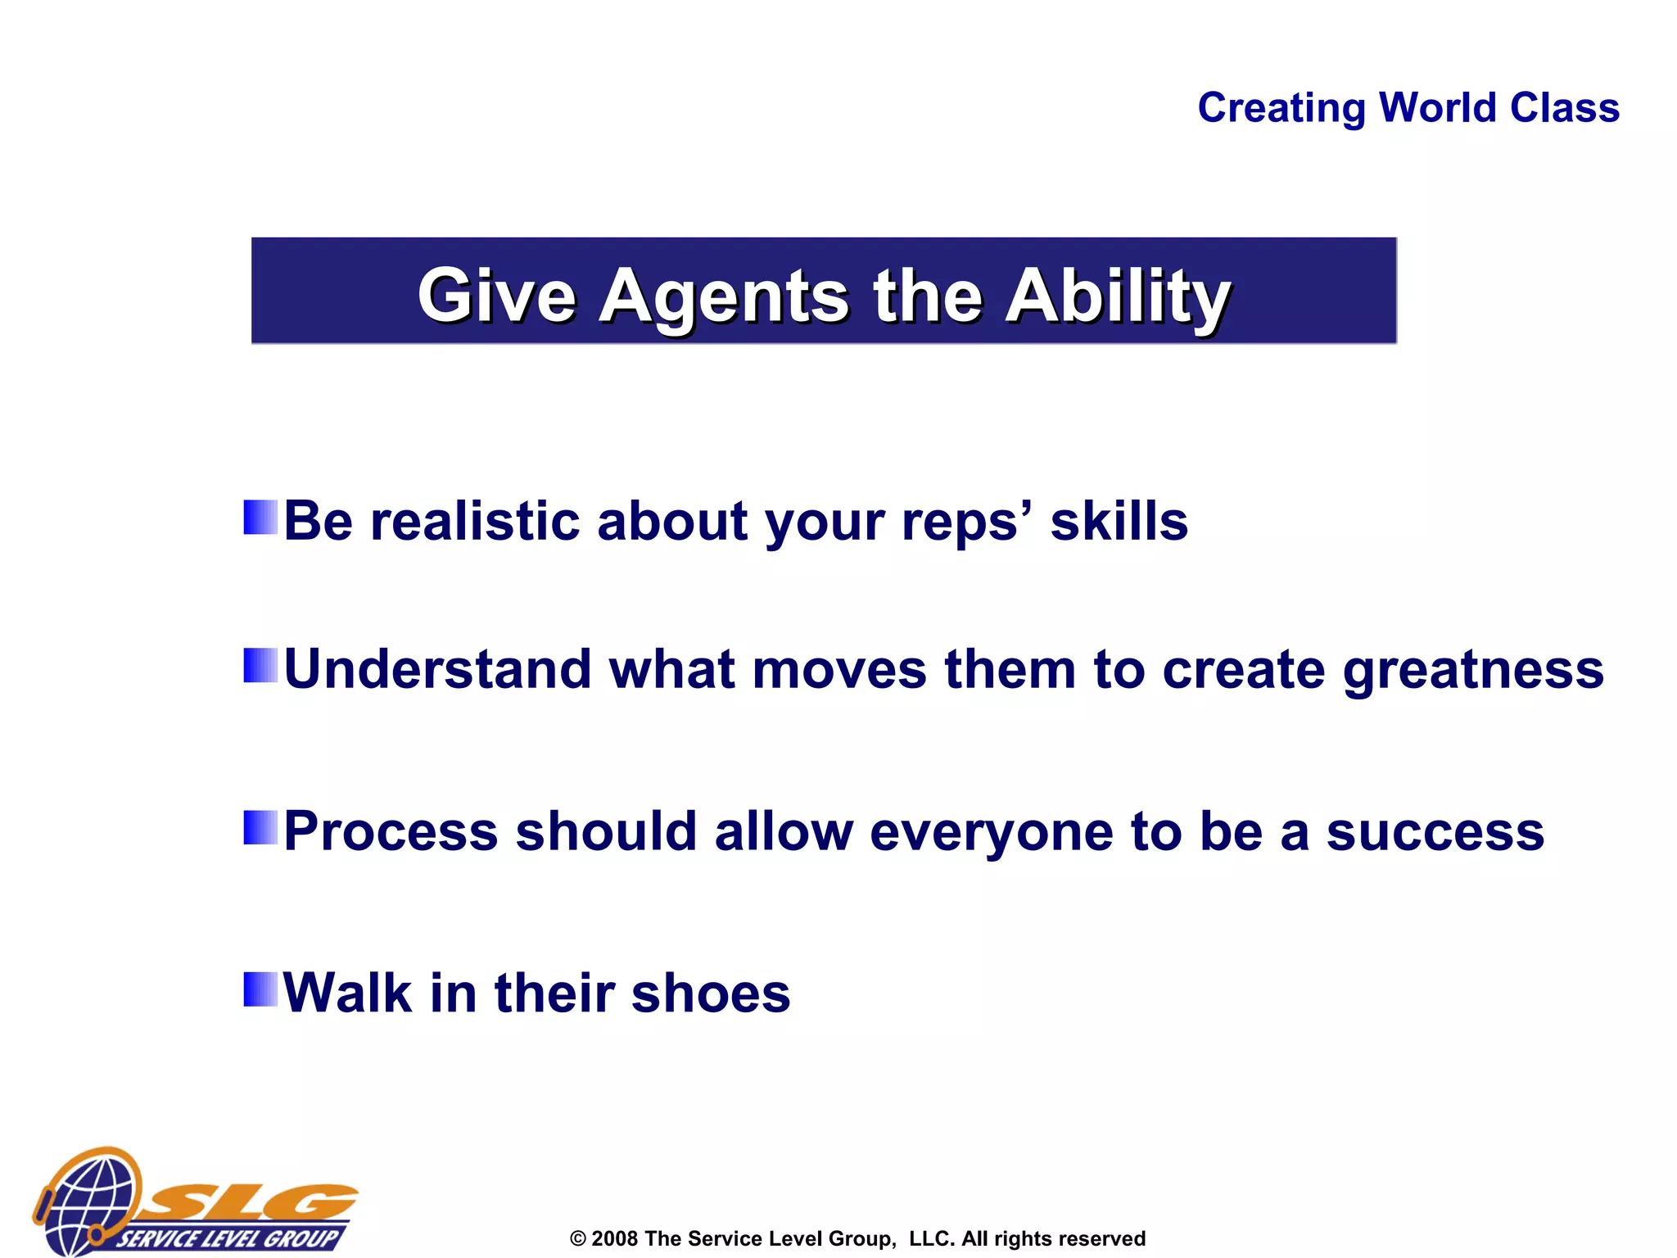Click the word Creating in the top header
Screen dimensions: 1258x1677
[1281, 108]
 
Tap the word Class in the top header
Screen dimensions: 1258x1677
[1564, 108]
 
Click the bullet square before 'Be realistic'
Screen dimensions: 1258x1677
[260, 517]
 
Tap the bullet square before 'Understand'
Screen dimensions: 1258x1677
[260, 665]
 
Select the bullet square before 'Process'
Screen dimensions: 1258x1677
[260, 827]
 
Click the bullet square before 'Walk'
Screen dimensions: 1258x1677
[260, 989]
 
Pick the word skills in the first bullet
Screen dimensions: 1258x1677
[1119, 521]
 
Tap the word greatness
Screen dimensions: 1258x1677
[1472, 670]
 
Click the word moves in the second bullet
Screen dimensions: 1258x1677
[838, 670]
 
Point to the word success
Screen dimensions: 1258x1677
[1435, 832]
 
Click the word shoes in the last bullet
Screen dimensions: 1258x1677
[710, 993]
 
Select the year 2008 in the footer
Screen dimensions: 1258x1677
[614, 1238]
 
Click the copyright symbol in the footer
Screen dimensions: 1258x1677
[578, 1239]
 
